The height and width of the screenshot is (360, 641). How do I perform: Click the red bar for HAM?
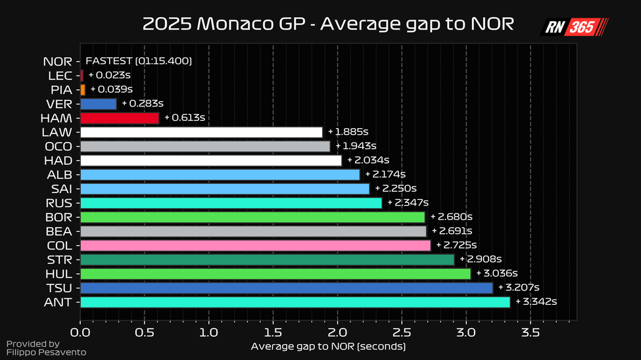tap(120, 118)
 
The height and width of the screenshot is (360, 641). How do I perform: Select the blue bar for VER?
tap(99, 104)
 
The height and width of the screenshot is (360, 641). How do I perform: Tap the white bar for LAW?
tap(201, 132)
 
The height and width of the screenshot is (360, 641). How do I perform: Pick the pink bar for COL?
tap(255, 245)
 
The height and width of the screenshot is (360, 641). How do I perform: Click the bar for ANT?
tap(295, 302)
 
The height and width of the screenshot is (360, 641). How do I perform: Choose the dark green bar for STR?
tap(267, 259)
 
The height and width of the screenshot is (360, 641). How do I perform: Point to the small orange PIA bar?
tap(83, 89)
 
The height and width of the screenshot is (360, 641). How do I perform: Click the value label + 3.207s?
tap(519, 288)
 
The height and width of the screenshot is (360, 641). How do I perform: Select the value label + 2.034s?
tap(369, 160)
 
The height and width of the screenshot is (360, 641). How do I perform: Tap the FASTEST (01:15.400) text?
tap(138, 61)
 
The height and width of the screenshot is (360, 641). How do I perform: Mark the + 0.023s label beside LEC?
tap(110, 75)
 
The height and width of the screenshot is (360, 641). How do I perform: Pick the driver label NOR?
tap(57, 62)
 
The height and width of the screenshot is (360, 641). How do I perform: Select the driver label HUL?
tap(59, 274)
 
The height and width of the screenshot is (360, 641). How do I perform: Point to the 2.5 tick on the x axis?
tap(402, 332)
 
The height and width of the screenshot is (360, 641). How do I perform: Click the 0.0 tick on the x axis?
tap(80, 332)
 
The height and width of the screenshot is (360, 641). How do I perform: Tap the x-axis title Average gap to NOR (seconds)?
tap(328, 346)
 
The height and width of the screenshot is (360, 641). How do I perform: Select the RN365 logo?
tap(573, 27)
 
